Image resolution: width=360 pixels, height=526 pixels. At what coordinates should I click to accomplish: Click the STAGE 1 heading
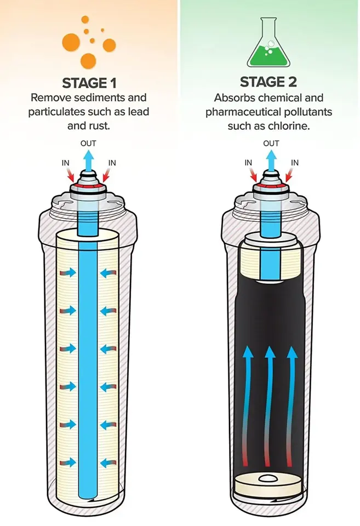pyautogui.click(x=89, y=83)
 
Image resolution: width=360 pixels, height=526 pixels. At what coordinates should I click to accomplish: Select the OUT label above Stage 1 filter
pyautogui.click(x=89, y=144)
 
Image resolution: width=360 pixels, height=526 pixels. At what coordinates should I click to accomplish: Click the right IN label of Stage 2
pyautogui.click(x=295, y=163)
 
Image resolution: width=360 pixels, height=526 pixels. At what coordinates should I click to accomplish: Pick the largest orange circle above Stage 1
pyautogui.click(x=72, y=41)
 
